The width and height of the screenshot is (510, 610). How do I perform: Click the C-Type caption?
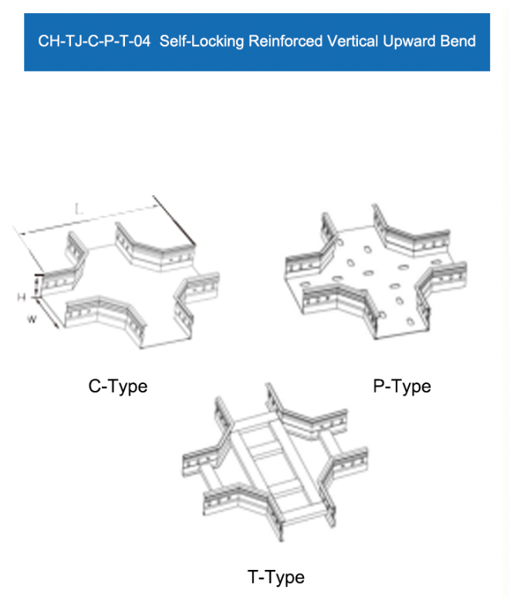pyautogui.click(x=117, y=386)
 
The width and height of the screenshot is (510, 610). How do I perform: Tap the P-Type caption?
pyautogui.click(x=402, y=386)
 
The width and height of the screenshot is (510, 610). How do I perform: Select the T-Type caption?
pyautogui.click(x=275, y=577)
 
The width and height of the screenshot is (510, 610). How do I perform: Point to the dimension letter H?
pyautogui.click(x=22, y=296)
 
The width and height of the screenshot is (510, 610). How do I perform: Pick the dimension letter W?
pyautogui.click(x=32, y=319)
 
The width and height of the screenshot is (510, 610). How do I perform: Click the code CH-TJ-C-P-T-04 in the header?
pyautogui.click(x=93, y=41)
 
